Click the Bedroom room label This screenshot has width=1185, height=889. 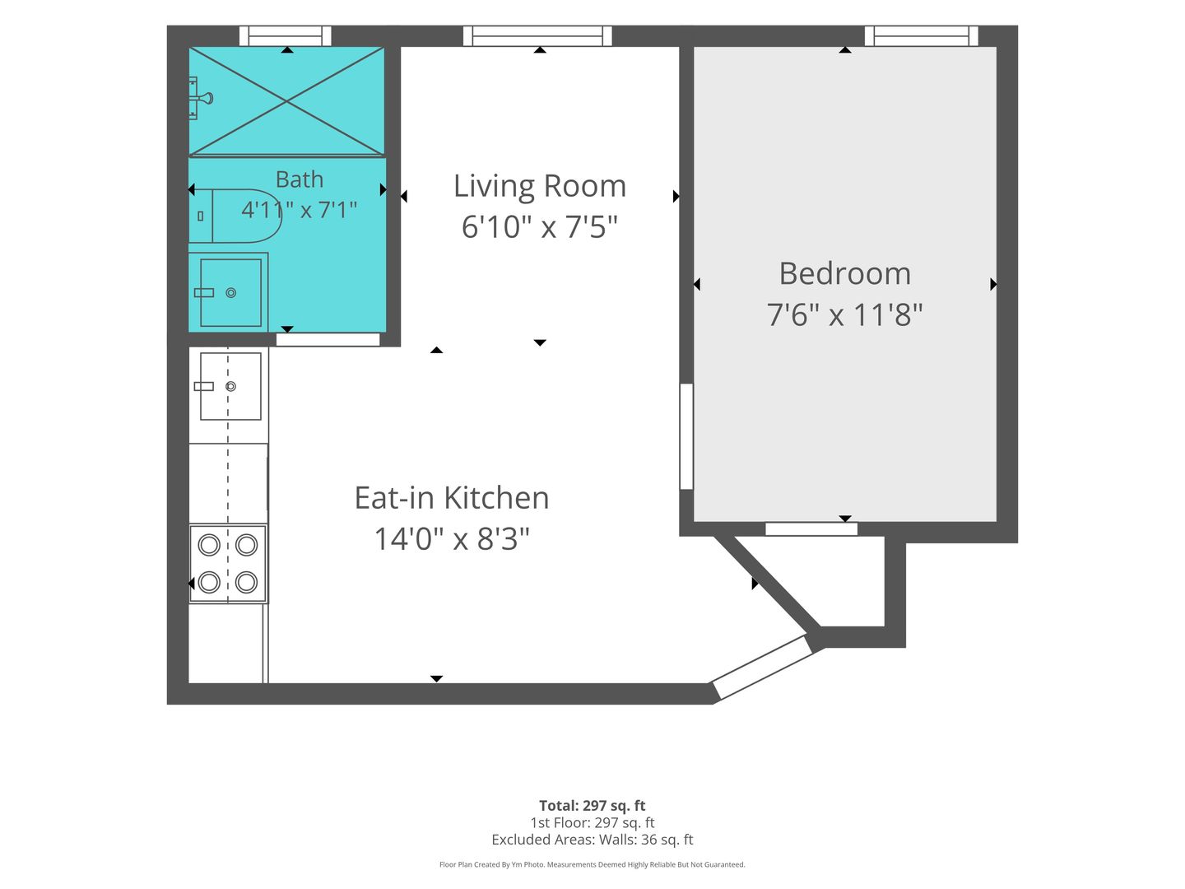pos(844,273)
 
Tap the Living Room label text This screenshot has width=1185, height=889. pos(539,186)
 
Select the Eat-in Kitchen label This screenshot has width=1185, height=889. pos(451,498)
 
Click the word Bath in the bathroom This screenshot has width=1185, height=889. pos(299,179)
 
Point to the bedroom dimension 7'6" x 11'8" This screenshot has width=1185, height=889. pos(844,314)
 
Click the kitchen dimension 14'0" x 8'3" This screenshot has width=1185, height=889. pos(451,538)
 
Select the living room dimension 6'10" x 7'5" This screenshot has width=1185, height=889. pos(539,226)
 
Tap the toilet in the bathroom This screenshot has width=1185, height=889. pos(235,216)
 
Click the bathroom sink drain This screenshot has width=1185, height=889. pos(231,293)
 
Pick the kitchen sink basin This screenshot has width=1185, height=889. pos(230,387)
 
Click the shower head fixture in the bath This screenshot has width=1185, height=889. pos(200,98)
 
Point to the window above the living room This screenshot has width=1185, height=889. pos(537,36)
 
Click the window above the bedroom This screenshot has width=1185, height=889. pos(922,36)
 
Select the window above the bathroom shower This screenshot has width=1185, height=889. pos(285,36)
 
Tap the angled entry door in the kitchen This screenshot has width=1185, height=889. pos(764,668)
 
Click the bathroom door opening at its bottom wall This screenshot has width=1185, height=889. pos(328,339)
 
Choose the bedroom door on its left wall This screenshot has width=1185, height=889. pos(686,436)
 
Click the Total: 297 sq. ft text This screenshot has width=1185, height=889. pos(592,806)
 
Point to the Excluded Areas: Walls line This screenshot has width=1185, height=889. pos(592,840)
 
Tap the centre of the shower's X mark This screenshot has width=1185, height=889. pos(286,101)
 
